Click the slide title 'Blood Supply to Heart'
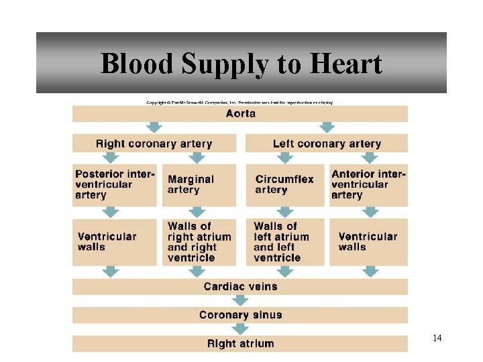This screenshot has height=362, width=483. pyautogui.click(x=241, y=64)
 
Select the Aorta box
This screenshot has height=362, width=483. pyautogui.click(x=240, y=113)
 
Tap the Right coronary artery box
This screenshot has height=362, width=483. pyautogui.click(x=154, y=143)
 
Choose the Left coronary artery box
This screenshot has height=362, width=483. pyautogui.click(x=327, y=143)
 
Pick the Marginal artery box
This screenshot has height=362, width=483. pyautogui.click(x=199, y=184)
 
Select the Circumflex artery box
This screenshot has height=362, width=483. pyautogui.click(x=284, y=184)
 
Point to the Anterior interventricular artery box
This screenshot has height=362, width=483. pyautogui.click(x=368, y=184)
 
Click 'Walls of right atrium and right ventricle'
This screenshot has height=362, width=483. pyautogui.click(x=199, y=242)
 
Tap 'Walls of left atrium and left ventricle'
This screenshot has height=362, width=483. pyautogui.click(x=284, y=242)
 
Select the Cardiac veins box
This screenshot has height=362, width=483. pyautogui.click(x=240, y=287)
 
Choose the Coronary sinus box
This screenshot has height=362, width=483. pyautogui.click(x=240, y=315)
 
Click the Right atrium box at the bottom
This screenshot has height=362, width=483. pyautogui.click(x=240, y=344)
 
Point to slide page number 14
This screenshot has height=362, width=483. pyautogui.click(x=437, y=338)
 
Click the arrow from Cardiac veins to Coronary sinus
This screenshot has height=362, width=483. pyautogui.click(x=240, y=301)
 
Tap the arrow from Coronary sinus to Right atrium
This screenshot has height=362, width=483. pyautogui.click(x=240, y=329)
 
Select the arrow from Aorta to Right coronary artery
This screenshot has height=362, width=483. pyautogui.click(x=155, y=127)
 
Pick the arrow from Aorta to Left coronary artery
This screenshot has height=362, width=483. pyautogui.click(x=327, y=127)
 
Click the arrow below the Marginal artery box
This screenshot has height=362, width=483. pyautogui.click(x=197, y=213)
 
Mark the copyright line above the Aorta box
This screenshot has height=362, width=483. pyautogui.click(x=239, y=103)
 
